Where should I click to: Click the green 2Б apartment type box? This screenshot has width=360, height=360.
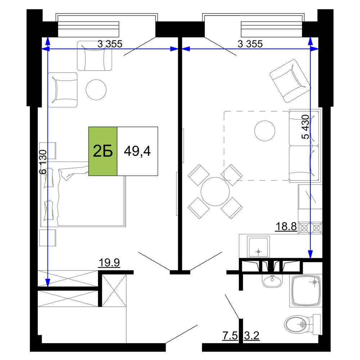point(103,151)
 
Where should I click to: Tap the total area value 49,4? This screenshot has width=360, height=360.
point(137,151)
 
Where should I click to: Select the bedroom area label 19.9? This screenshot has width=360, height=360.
point(109,262)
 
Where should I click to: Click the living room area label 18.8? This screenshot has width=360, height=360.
point(286,226)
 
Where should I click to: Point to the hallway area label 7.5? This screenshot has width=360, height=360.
point(230,336)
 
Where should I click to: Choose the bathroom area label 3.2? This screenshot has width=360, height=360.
point(252,336)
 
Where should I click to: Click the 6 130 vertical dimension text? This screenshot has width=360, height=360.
point(43,162)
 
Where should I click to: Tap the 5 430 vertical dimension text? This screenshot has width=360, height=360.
point(305,127)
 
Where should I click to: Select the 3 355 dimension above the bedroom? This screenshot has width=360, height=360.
point(110,44)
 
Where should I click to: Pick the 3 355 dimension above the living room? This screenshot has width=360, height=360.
point(250,44)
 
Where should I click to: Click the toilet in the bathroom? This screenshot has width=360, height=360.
point(302,324)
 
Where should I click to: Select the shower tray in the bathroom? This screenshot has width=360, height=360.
point(306,291)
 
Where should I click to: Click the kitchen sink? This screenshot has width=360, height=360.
point(258,247)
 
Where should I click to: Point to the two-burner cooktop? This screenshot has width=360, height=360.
point(310,228)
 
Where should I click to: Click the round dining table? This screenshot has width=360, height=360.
point(215,192)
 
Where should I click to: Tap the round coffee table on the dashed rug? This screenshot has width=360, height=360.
point(265,131)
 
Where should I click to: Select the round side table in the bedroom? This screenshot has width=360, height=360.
point(96,90)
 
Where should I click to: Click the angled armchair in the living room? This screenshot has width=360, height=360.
point(290,81)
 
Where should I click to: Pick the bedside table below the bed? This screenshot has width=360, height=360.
point(48,238)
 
